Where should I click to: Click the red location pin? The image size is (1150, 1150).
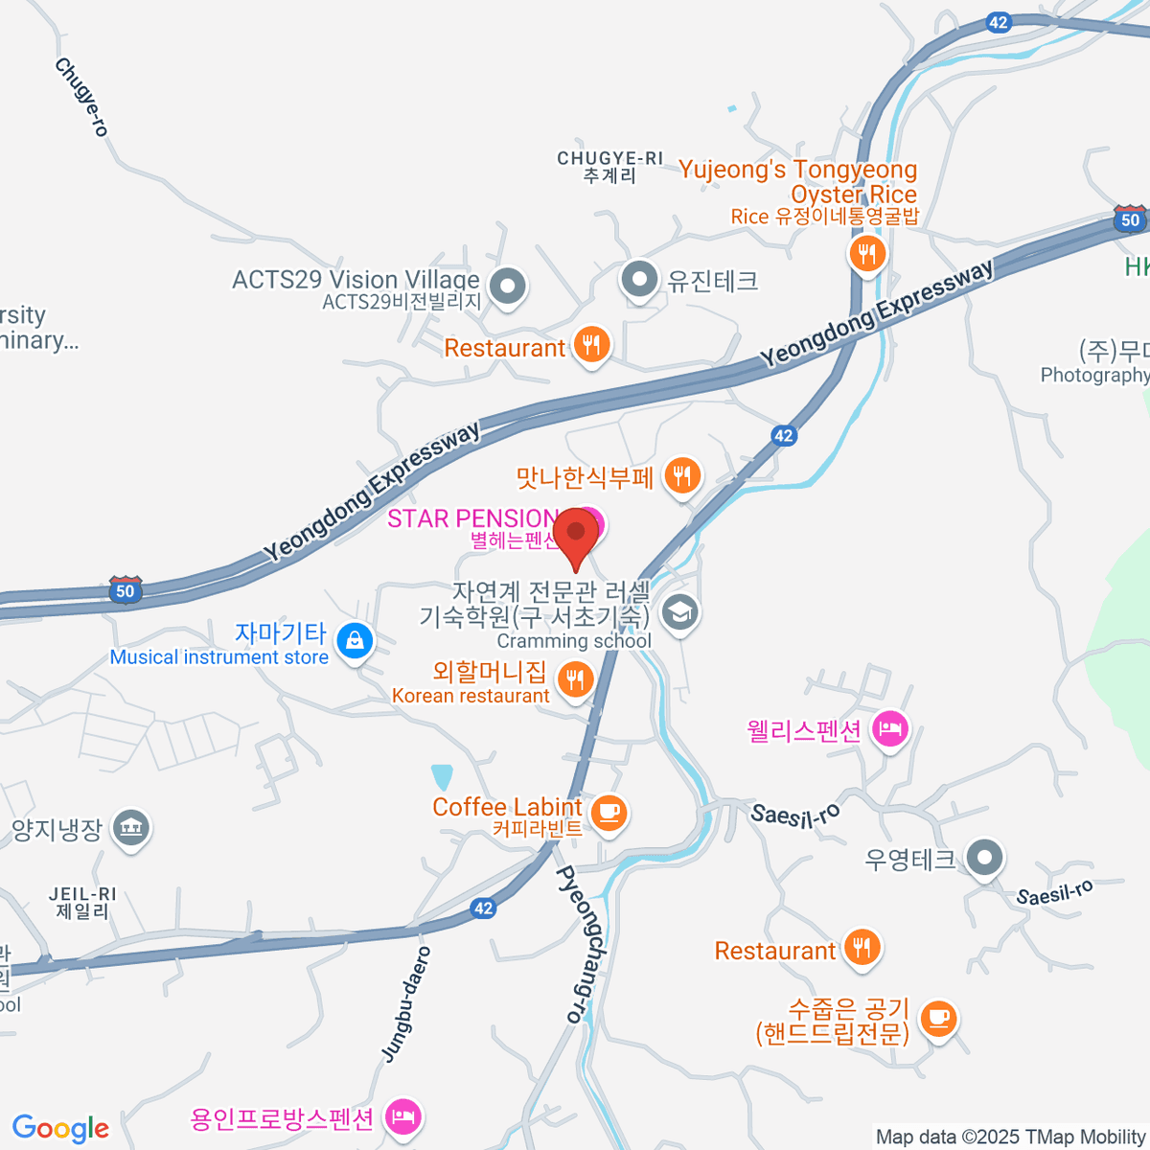(x=576, y=534)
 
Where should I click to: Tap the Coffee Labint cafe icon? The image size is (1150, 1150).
(x=608, y=813)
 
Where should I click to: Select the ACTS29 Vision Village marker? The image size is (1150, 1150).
(x=507, y=286)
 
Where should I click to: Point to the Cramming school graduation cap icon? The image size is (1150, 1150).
(x=680, y=613)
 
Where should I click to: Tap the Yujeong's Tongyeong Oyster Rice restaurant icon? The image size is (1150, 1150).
(x=867, y=254)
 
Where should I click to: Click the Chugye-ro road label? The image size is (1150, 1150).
(x=81, y=97)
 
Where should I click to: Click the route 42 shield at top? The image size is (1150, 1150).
(x=999, y=22)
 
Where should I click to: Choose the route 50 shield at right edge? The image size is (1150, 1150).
(x=1131, y=219)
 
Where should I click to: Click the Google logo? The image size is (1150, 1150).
(x=60, y=1128)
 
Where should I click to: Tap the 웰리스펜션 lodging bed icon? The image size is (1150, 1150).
(x=890, y=730)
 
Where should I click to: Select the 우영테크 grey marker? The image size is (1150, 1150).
(x=984, y=859)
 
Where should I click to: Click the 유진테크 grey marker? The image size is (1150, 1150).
(x=639, y=281)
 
